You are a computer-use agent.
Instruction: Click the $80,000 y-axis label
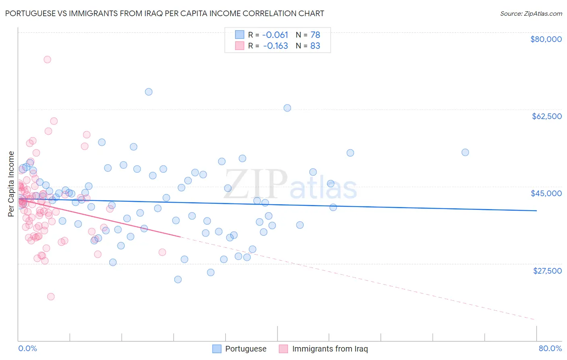(546, 39)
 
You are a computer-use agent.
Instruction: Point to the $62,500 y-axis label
(546, 116)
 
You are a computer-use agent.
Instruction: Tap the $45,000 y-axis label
(546, 193)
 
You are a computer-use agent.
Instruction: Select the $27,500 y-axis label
(547, 271)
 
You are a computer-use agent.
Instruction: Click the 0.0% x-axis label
(27, 348)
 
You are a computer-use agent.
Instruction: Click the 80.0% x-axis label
(550, 348)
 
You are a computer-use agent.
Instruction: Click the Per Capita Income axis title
(11, 184)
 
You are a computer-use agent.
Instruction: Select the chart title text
(165, 13)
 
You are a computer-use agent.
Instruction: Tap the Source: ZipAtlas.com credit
(531, 14)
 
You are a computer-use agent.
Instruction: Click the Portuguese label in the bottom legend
(246, 349)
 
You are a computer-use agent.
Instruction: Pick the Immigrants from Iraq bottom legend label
(330, 349)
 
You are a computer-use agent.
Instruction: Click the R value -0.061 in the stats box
(275, 35)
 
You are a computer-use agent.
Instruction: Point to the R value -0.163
(275, 46)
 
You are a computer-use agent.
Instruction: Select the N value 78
(315, 35)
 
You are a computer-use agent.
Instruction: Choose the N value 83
(315, 46)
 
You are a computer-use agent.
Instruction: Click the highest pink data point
(47, 59)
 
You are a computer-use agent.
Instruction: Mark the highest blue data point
(148, 92)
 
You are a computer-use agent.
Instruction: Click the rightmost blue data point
(465, 152)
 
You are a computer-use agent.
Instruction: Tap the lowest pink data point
(51, 297)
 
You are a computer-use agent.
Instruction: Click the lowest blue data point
(178, 279)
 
